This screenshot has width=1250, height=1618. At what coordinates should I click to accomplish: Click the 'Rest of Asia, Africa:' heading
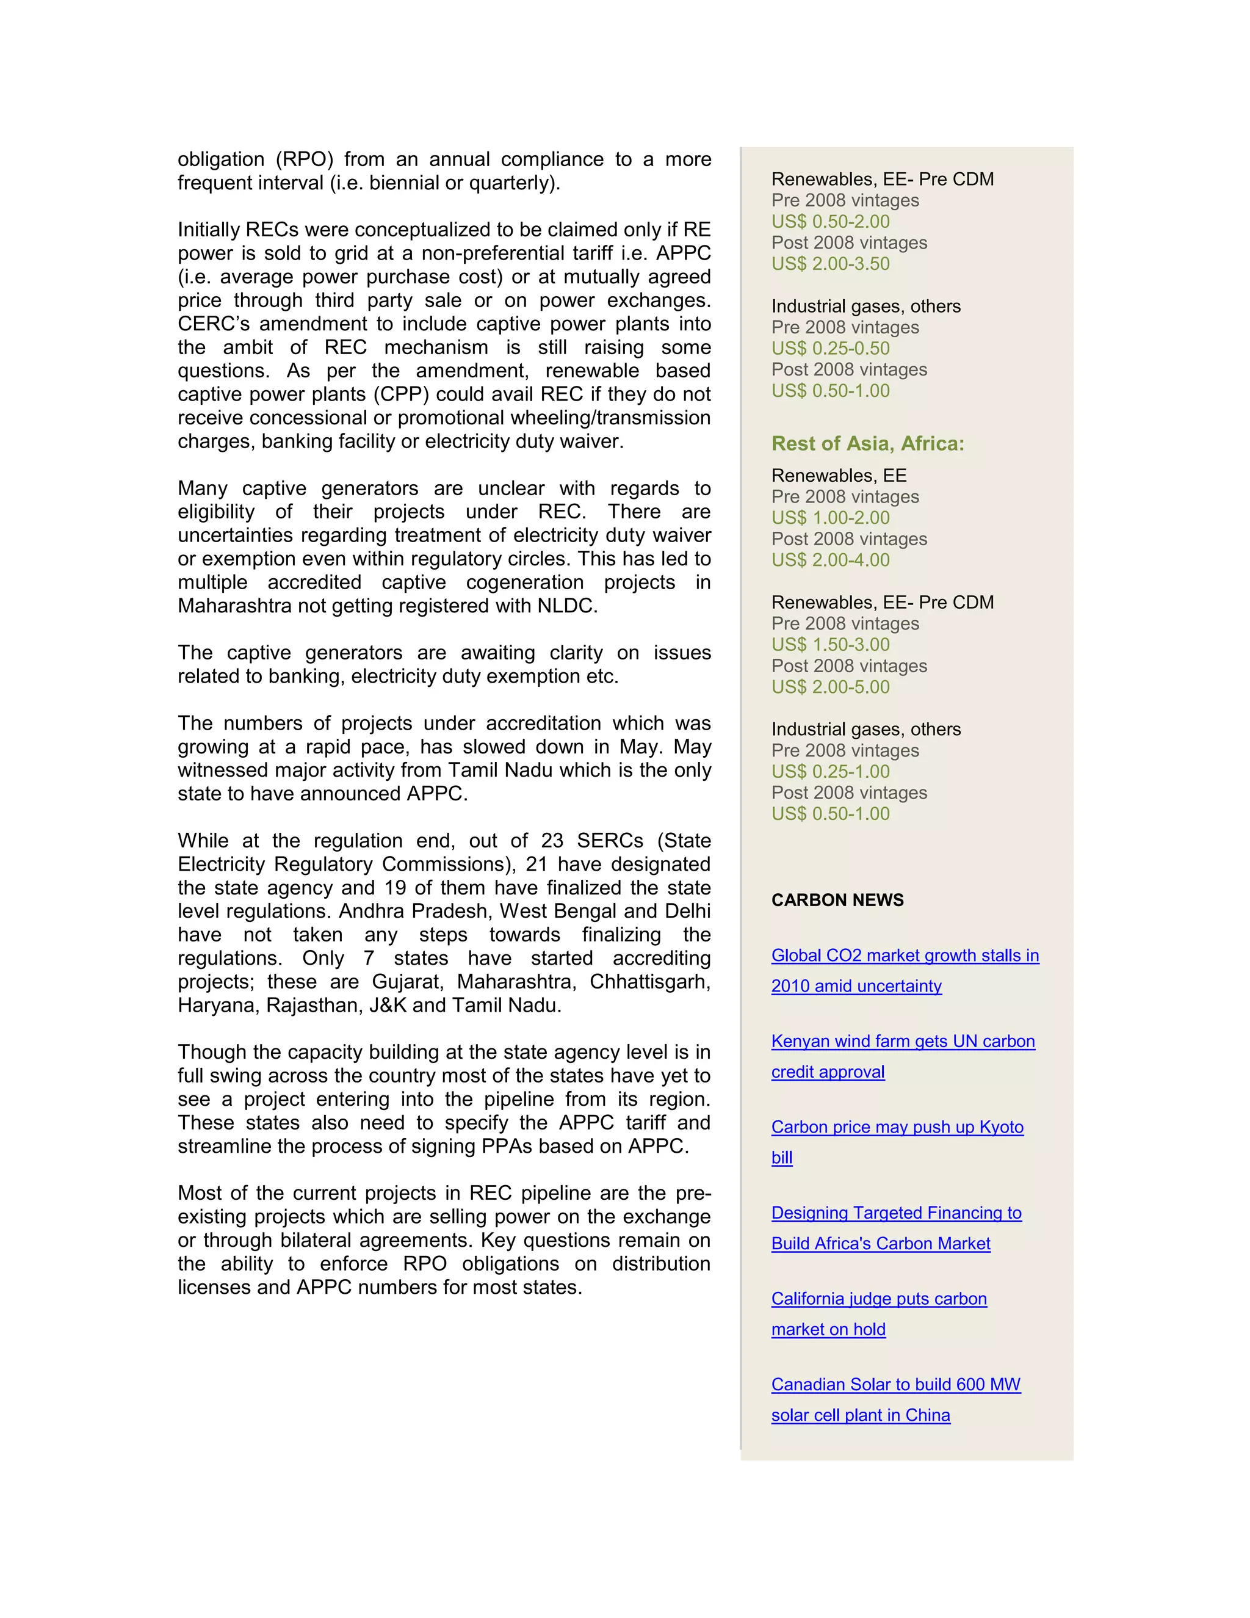[x=867, y=444]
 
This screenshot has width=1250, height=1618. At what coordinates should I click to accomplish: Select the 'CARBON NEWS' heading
[x=837, y=900]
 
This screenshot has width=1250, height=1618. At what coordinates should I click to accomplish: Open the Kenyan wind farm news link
[x=903, y=1042]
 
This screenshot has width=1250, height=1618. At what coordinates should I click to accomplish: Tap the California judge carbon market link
[x=878, y=1299]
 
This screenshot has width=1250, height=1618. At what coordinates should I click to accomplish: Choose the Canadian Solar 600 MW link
[x=895, y=1385]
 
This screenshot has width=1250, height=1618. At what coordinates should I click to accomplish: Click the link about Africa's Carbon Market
[x=881, y=1244]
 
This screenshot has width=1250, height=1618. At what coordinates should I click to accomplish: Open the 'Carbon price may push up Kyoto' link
[x=897, y=1128]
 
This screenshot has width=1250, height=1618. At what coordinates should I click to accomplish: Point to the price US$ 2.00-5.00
[x=830, y=687]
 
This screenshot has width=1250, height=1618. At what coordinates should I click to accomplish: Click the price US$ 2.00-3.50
[x=830, y=264]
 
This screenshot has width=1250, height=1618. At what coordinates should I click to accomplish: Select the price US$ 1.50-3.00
[x=830, y=645]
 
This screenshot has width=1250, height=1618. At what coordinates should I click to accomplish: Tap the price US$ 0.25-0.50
[x=830, y=349]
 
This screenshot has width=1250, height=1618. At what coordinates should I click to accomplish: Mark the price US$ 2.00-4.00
[x=830, y=561]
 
